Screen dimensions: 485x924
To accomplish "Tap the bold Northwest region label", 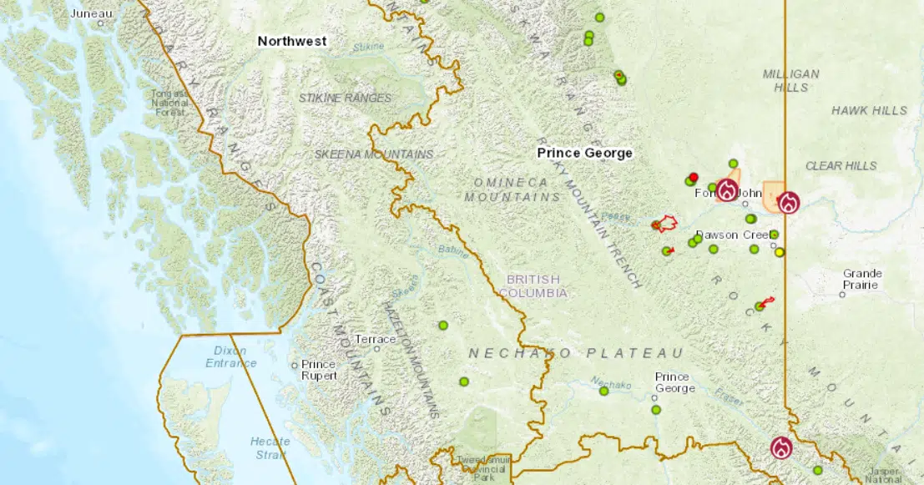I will tap(291, 41).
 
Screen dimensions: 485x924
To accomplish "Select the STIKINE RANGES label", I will tap(345, 98).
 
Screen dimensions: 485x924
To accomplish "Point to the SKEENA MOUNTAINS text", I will tap(373, 154).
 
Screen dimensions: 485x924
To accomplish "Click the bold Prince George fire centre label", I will tap(584, 153).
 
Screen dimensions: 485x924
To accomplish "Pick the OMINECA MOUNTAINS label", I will tap(512, 189).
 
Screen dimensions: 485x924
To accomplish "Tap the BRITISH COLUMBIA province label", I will tap(534, 285).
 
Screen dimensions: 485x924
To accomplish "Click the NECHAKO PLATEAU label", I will tap(575, 353).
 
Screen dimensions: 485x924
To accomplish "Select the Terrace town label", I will tap(375, 339).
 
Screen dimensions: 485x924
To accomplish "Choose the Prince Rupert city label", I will tap(319, 370).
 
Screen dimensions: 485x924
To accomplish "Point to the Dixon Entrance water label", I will tap(231, 356).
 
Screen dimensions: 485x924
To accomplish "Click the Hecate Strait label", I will tap(270, 447).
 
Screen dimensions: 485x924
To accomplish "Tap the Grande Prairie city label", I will tap(861, 279).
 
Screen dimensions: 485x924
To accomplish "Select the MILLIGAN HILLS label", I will tap(790, 80).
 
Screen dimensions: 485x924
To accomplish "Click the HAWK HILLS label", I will tap(869, 110).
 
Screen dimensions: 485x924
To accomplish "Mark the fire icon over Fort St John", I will tap(728, 189).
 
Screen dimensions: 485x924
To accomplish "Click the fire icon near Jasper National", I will tap(782, 447).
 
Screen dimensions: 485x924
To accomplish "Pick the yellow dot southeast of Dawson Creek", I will tap(780, 252).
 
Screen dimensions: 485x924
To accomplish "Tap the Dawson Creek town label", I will tap(729, 235).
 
